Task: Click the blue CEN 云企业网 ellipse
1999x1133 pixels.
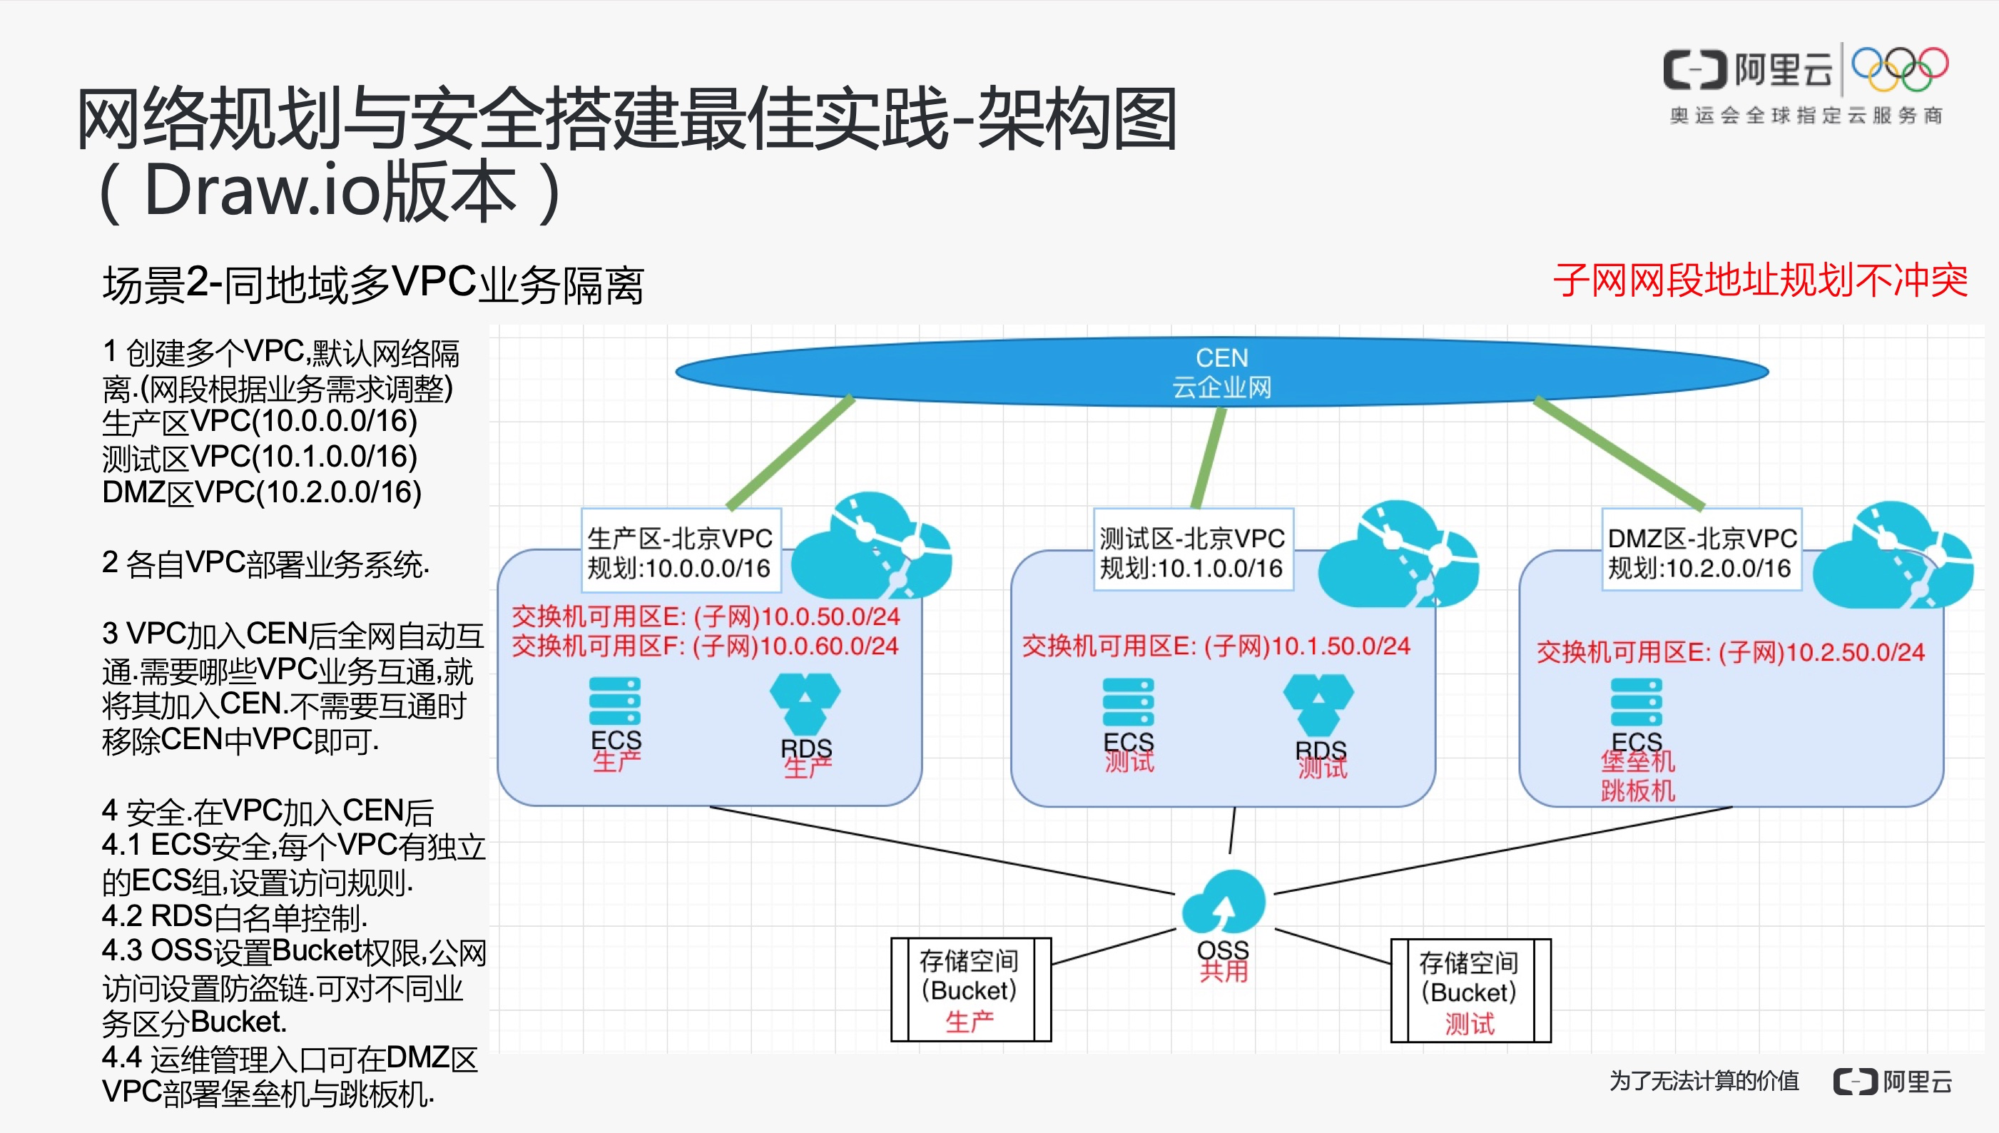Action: pyautogui.click(x=1221, y=372)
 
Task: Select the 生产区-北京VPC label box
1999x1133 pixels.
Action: pyautogui.click(x=679, y=553)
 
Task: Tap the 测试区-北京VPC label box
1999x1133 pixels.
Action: pyautogui.click(x=1191, y=553)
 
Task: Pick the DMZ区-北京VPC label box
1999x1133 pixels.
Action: pyautogui.click(x=1701, y=553)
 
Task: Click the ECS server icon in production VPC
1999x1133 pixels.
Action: pyautogui.click(x=615, y=701)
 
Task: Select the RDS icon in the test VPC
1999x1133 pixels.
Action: pyautogui.click(x=1318, y=704)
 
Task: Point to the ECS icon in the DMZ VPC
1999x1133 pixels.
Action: pyautogui.click(x=1636, y=702)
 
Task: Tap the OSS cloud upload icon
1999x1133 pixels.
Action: pyautogui.click(x=1224, y=903)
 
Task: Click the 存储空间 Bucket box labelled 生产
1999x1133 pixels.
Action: pyautogui.click(x=970, y=990)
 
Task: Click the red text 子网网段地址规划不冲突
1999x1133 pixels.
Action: pyautogui.click(x=1760, y=281)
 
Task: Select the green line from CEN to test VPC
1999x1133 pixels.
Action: pyautogui.click(x=1209, y=458)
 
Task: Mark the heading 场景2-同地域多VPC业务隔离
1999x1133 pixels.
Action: pyautogui.click(x=374, y=284)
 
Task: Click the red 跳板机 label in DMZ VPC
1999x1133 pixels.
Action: pyautogui.click(x=1637, y=791)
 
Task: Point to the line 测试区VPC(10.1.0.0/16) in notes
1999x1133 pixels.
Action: pyautogui.click(x=260, y=457)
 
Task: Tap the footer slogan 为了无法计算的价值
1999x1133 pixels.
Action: pyautogui.click(x=1704, y=1081)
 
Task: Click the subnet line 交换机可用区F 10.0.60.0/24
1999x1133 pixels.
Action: pyautogui.click(x=705, y=646)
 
